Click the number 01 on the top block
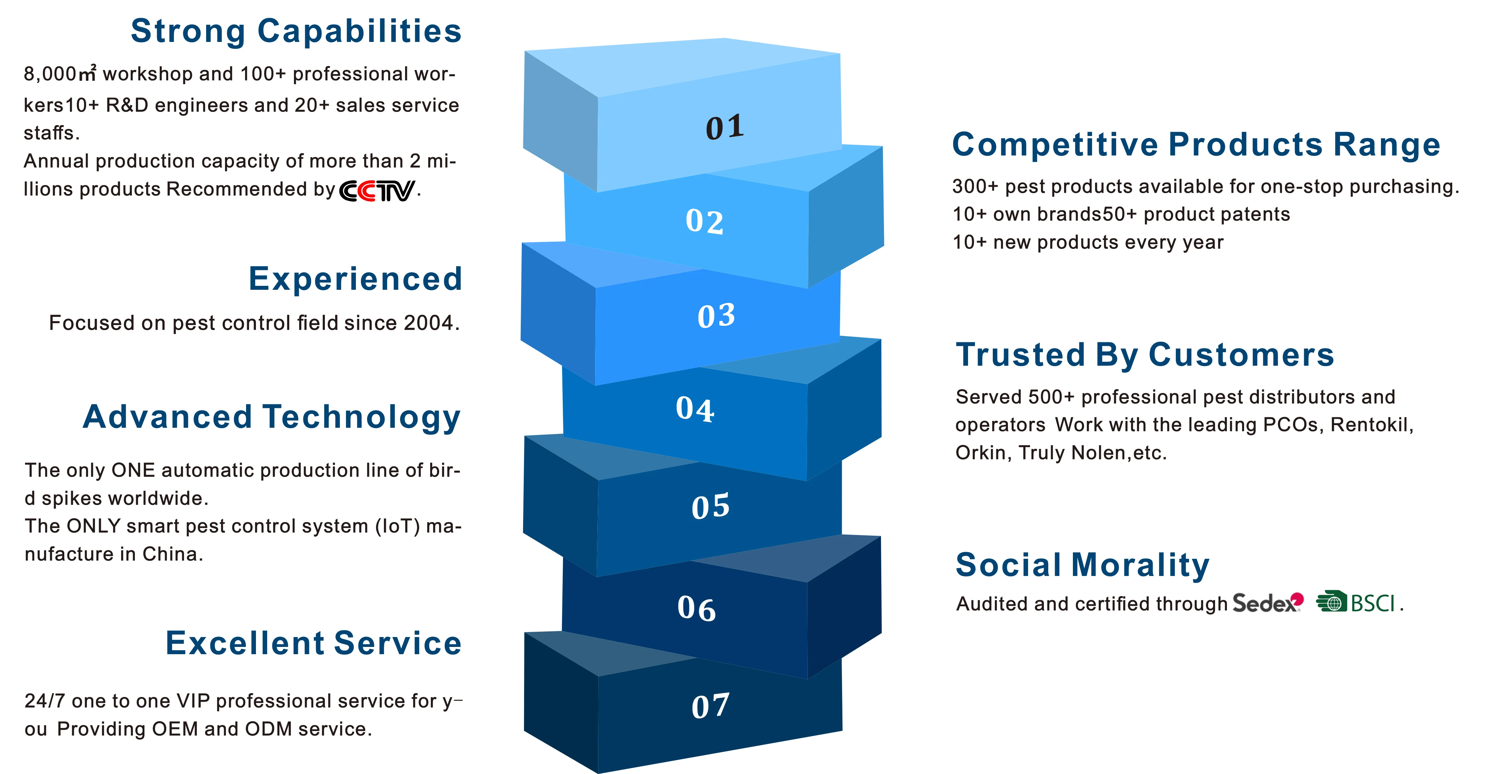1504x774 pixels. click(x=725, y=127)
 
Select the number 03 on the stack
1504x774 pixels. click(x=716, y=316)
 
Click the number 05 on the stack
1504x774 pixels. click(x=710, y=506)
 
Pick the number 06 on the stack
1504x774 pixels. click(x=697, y=609)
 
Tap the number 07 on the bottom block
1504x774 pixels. click(x=710, y=706)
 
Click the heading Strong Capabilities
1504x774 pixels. click(x=296, y=31)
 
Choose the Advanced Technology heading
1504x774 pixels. click(x=271, y=417)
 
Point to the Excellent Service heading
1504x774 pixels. click(x=314, y=643)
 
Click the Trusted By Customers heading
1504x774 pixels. click(x=1145, y=354)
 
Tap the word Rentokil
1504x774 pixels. click(x=1371, y=425)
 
